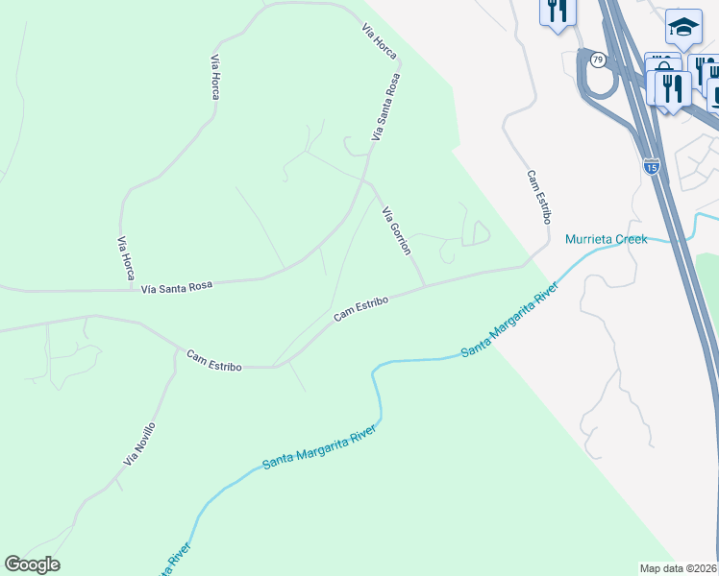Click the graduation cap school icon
683,28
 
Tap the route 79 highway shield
598,60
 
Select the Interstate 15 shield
652,167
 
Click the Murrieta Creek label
606,239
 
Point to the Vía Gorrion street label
397,230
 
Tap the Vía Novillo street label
139,444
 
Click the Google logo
32,564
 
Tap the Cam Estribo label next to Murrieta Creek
536,197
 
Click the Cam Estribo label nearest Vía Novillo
213,360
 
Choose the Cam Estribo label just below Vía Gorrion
360,308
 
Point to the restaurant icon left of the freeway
558,12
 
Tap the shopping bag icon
661,67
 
